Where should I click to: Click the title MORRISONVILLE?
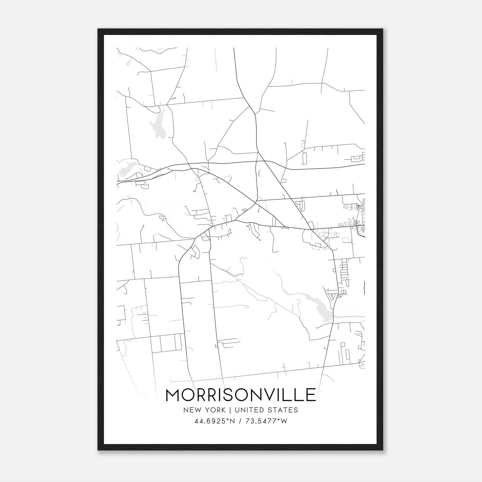(241, 395)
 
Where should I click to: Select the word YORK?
(215, 410)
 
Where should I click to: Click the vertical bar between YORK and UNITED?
(230, 410)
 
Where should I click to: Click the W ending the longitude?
(284, 421)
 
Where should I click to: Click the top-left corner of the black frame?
(98, 29)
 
